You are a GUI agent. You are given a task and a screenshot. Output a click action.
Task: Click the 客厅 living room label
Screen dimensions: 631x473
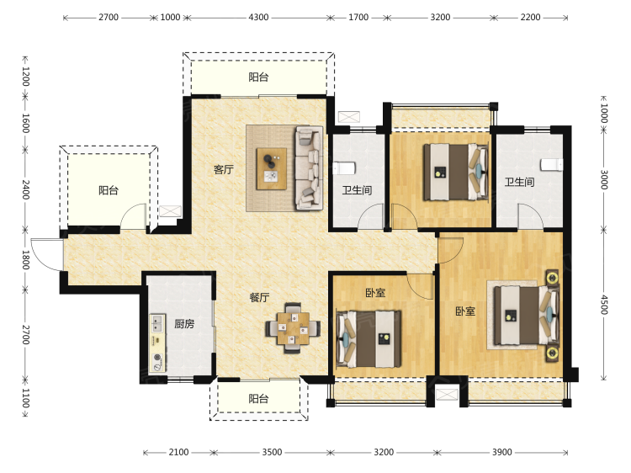[223, 169]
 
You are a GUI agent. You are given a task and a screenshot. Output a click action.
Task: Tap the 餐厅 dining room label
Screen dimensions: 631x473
[260, 297]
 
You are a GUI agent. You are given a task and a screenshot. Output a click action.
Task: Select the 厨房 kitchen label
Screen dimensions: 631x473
[184, 324]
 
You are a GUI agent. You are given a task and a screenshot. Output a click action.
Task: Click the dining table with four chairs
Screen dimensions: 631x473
[293, 328]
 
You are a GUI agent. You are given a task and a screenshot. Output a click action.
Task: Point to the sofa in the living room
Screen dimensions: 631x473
[309, 168]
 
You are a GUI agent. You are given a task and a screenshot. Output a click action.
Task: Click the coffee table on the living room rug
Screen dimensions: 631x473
[272, 168]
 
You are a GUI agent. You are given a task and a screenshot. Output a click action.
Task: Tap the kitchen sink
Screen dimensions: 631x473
[157, 323]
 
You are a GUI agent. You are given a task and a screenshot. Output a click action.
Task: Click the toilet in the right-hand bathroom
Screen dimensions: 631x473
[552, 164]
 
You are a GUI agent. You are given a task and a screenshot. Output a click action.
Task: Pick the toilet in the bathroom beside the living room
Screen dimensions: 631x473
[343, 168]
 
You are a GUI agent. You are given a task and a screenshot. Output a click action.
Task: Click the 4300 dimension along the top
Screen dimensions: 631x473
[258, 18]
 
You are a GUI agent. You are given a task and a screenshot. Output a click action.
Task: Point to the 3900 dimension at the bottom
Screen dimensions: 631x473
[501, 452]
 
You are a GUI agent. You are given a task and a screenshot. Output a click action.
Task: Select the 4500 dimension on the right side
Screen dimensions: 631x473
[603, 305]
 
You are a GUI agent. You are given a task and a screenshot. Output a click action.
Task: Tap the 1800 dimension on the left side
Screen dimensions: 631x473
[25, 260]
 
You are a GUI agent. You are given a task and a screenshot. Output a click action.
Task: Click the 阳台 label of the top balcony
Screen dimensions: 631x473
[258, 77]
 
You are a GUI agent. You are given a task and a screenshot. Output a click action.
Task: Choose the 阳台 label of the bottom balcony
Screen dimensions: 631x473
[258, 399]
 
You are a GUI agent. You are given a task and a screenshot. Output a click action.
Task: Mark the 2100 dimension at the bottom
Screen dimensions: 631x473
[178, 452]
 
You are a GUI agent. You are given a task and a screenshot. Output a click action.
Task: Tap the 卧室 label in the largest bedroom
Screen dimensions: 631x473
[465, 311]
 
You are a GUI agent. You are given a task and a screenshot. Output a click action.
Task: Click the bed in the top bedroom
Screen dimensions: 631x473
[456, 173]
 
